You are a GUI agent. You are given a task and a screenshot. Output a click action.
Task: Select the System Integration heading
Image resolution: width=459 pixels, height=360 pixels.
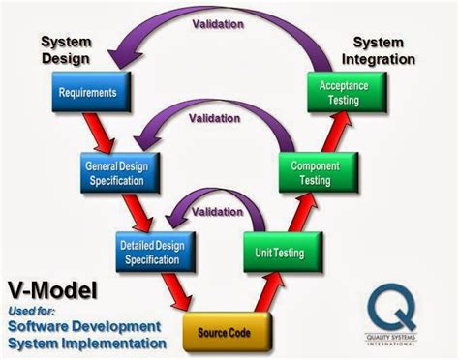tap(382, 51)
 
